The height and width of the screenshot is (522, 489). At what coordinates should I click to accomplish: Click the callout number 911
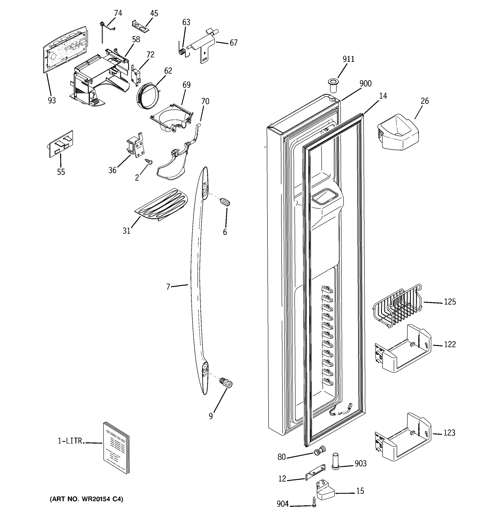click(348, 59)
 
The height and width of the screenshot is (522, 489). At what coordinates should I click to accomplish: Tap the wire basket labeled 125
click(397, 306)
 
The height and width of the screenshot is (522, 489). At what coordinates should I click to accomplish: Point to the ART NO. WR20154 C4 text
click(86, 499)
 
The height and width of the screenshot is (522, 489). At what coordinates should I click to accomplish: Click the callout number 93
click(52, 100)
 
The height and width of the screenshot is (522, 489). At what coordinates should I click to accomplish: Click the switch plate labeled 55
click(61, 144)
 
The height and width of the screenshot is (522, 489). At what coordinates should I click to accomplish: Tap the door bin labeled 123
click(403, 438)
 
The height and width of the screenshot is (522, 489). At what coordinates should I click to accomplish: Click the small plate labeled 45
click(140, 27)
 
